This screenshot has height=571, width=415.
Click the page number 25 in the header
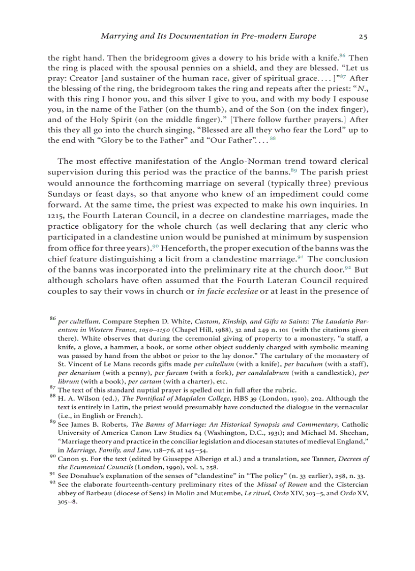(363, 36)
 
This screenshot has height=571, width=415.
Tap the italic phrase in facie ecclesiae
(228, 292)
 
